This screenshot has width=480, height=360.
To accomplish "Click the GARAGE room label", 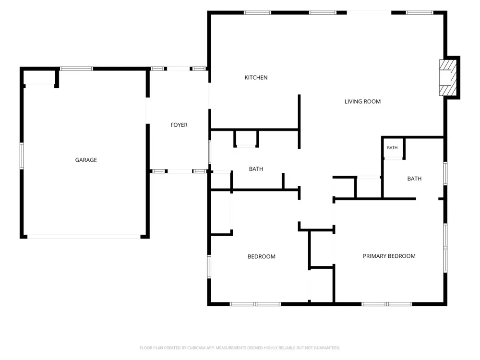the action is [86, 160].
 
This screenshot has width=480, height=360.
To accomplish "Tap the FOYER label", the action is [179, 125].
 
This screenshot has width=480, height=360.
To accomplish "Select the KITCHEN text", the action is [256, 78].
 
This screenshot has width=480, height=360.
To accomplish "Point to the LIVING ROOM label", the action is [362, 102].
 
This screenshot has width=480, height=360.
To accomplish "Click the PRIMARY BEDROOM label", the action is [389, 256].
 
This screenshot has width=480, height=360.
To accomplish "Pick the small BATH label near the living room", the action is [392, 148].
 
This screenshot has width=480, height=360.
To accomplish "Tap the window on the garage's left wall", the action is [22, 156].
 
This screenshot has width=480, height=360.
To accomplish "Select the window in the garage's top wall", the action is [76, 69].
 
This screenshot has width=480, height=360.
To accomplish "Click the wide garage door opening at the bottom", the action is [84, 237].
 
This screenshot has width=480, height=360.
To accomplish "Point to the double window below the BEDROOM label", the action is [255, 304].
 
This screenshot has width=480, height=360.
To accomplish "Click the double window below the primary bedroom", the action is [386, 304].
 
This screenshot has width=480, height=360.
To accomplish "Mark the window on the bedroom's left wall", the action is [209, 266].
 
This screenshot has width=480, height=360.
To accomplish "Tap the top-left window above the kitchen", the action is [257, 13].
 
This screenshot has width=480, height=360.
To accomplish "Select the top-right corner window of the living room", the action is [420, 13].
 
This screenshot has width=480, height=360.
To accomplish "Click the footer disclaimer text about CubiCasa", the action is [240, 348].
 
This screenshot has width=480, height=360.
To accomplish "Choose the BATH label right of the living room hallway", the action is [414, 179].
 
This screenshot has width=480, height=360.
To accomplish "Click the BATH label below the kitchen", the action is [256, 169].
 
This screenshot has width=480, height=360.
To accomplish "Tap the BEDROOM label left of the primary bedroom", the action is [262, 256].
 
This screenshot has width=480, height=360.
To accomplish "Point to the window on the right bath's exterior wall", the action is [445, 174].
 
